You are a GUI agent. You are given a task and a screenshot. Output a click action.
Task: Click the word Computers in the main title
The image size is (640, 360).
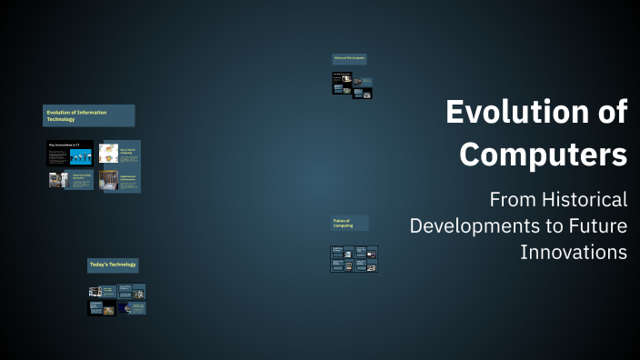[543, 154]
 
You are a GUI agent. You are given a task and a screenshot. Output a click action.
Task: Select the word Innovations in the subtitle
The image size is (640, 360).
[574, 251]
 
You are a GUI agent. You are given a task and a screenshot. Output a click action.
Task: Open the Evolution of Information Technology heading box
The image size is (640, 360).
[88, 115]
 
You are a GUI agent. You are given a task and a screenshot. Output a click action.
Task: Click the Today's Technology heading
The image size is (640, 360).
[113, 265]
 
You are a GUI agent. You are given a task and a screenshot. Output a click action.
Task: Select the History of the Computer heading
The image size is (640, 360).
[349, 59]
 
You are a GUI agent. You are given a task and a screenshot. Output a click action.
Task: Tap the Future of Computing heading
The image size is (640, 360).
[349, 223]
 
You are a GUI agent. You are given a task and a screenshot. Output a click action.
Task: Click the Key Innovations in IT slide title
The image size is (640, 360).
[64, 145]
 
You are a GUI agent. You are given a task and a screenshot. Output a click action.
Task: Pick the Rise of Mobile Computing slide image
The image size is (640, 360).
[107, 155]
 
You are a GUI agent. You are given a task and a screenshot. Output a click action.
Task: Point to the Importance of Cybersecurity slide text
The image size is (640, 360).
[127, 179]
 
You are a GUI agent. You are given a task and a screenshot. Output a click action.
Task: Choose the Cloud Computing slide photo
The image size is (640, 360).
[58, 180]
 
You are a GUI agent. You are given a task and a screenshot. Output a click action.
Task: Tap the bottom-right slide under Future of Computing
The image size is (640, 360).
[365, 265]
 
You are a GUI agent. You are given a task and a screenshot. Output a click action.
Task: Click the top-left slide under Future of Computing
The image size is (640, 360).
[342, 252]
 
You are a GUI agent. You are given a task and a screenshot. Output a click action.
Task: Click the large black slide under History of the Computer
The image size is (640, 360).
[342, 83]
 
